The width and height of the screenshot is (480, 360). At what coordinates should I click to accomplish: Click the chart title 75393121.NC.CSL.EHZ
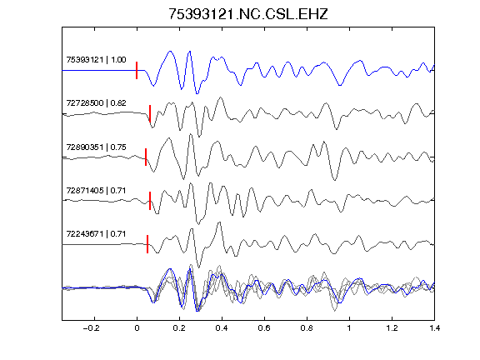248,14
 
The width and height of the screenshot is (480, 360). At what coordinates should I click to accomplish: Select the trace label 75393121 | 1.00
96,59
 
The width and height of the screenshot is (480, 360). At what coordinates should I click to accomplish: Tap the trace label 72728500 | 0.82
96,102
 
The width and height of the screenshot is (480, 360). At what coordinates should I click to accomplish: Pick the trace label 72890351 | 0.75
96,147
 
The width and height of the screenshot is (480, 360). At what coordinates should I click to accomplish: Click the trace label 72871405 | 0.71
96,190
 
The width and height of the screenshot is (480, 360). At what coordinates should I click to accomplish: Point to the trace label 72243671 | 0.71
96,234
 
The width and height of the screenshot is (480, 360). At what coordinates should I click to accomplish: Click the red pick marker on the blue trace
137,70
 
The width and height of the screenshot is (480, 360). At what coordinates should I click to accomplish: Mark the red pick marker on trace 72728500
150,114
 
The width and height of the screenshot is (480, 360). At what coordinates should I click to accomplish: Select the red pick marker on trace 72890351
146,157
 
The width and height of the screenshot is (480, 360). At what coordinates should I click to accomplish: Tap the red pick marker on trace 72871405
150,201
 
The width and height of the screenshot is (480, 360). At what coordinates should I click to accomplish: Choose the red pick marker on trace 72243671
147,244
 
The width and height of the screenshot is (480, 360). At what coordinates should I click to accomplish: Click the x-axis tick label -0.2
92,328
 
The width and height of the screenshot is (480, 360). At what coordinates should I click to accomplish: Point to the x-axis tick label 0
137,328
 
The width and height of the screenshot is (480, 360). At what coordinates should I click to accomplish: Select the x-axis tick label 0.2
179,328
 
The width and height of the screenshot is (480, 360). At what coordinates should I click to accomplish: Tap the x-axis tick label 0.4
222,328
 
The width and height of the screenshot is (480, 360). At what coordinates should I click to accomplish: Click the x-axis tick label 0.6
264,328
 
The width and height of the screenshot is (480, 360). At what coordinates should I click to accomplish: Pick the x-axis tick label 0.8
307,328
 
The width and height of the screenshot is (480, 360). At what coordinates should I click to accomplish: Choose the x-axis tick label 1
349,328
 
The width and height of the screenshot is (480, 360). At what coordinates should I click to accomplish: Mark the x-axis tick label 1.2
392,328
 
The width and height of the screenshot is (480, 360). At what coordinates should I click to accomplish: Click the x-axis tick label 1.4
434,328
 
